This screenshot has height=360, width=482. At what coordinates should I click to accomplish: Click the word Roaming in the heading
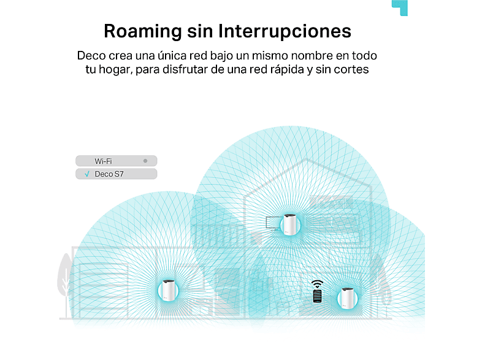[143, 32]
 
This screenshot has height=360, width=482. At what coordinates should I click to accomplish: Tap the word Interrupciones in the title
[285, 31]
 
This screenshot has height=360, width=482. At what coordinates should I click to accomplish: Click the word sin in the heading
[200, 31]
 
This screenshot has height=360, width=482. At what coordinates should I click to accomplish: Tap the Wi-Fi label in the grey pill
[103, 161]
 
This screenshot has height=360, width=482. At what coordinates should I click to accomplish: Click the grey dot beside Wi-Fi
[145, 161]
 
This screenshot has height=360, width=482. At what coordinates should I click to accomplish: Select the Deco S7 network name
[109, 174]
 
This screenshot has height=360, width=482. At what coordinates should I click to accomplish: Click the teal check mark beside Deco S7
[87, 174]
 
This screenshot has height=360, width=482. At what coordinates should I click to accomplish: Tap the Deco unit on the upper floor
[289, 224]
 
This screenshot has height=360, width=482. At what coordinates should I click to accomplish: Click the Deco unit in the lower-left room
[168, 290]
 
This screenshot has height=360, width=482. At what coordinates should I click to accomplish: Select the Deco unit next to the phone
[347, 298]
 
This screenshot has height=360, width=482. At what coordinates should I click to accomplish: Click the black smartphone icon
[317, 296]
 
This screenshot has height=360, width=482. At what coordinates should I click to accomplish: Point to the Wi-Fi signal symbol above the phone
[317, 284]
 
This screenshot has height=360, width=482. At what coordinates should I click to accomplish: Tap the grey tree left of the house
[65, 278]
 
